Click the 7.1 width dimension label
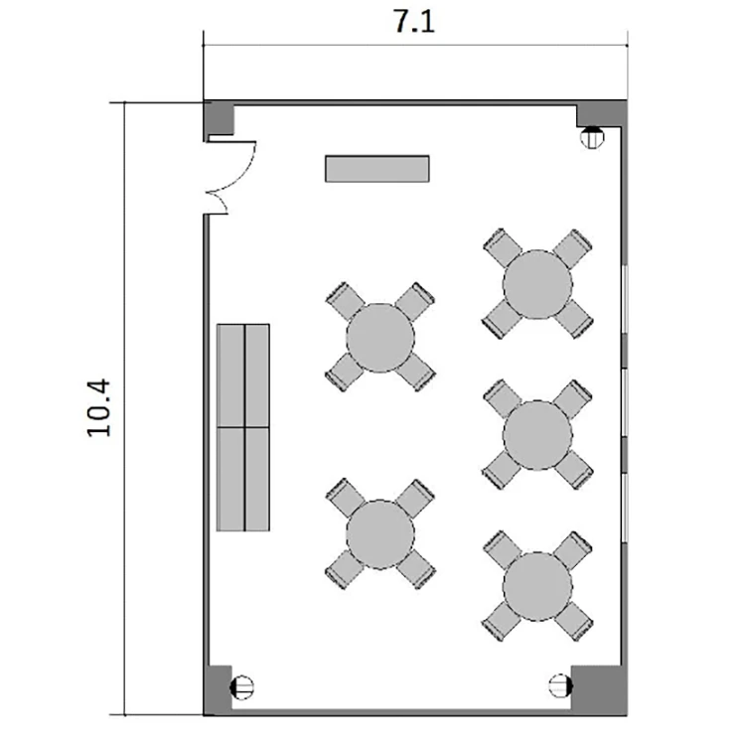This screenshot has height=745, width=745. pos(414,22)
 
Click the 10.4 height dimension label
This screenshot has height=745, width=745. pos(98,407)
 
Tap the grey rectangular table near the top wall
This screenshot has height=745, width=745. pos(377,169)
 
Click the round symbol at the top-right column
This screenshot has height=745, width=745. pos(592,137)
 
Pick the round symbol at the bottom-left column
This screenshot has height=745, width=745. pos(241,687)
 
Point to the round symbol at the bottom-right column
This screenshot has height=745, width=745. pos(560,685)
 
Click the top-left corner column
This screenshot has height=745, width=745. pos(220,118)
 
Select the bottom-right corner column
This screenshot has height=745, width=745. pos(599,690)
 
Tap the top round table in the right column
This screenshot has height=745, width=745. pos(537,284)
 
